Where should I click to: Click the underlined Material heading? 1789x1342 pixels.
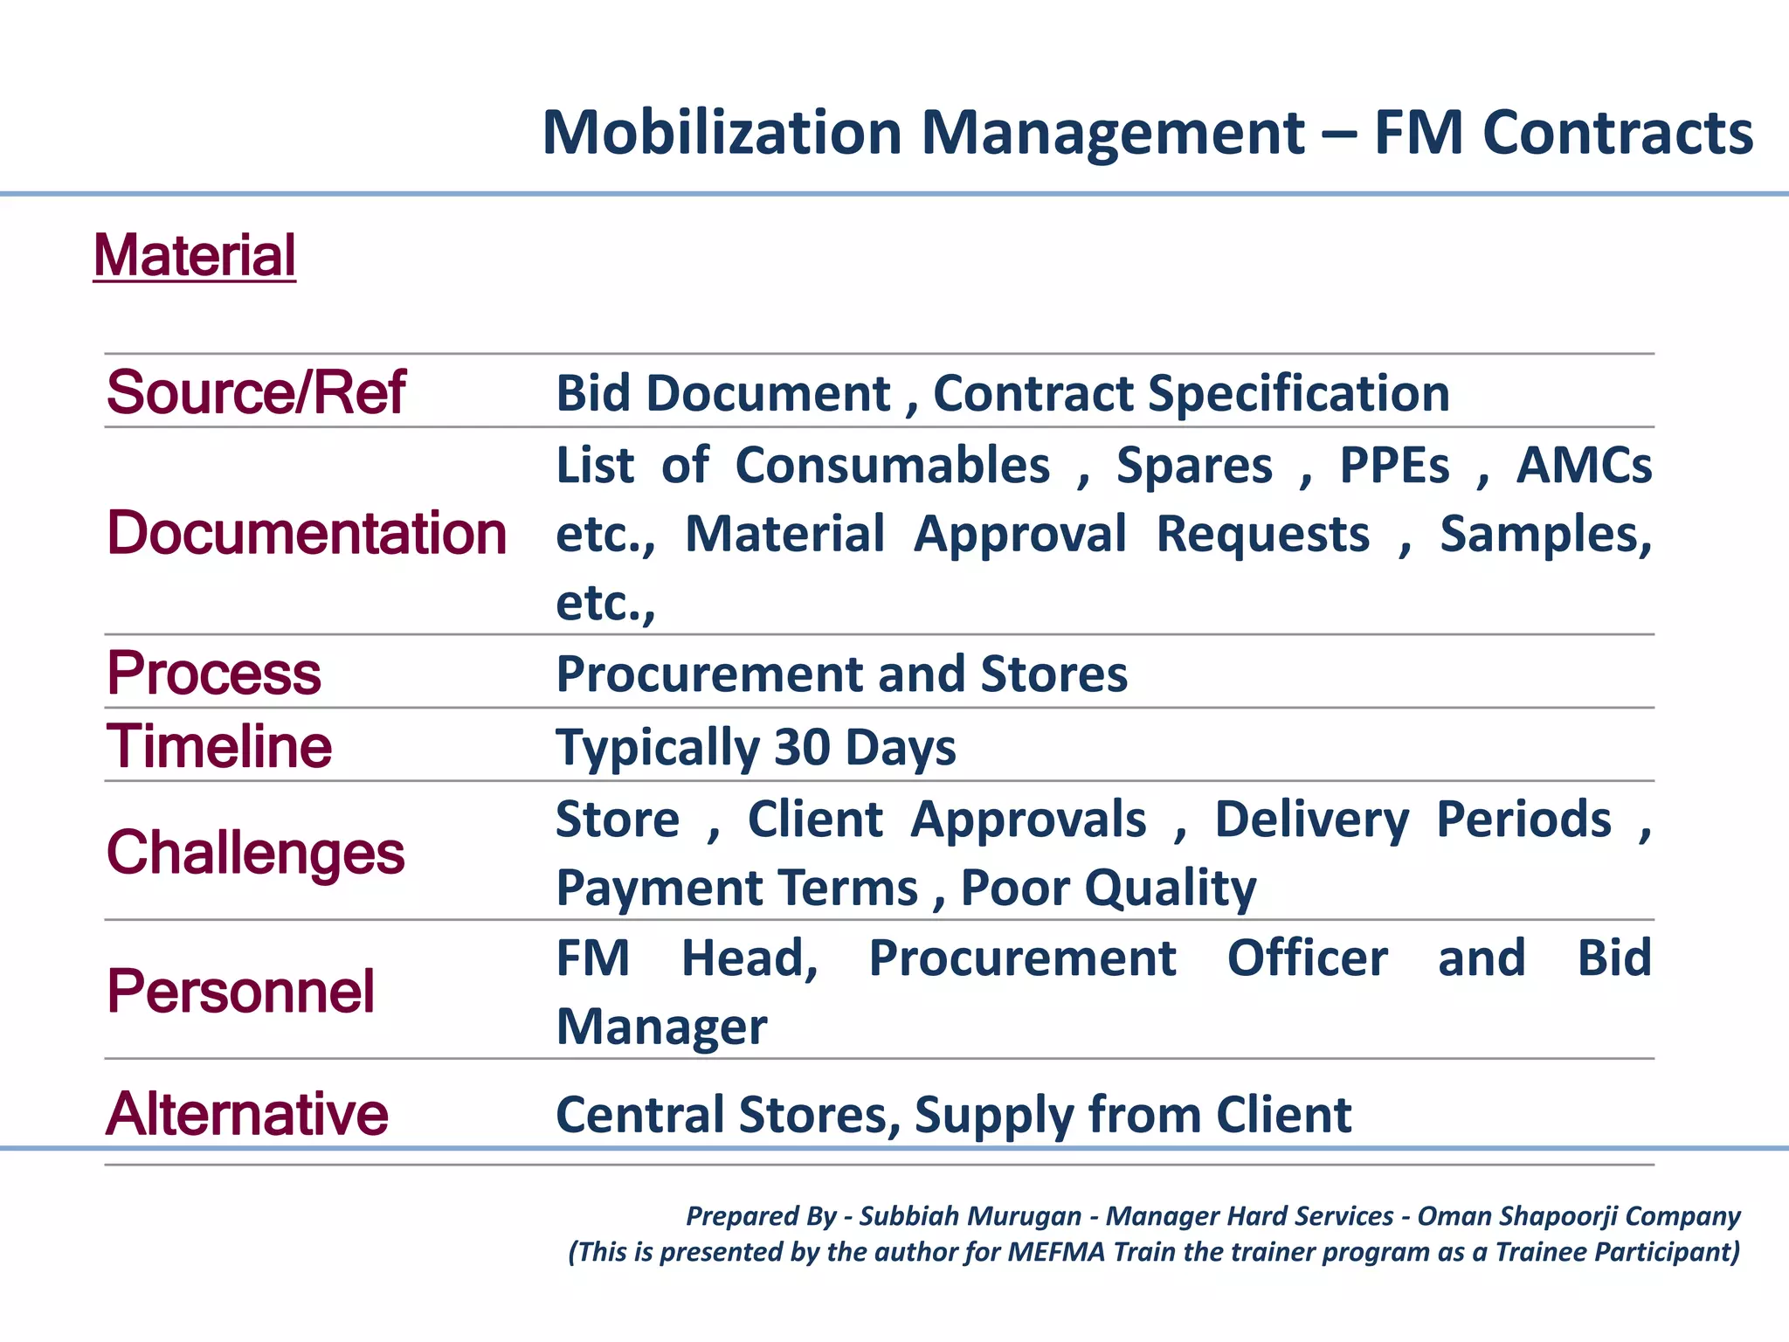click(194, 256)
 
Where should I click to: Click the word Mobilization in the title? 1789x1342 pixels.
click(722, 133)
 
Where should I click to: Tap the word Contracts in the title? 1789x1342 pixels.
click(1618, 133)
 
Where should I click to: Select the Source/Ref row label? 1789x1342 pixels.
click(255, 392)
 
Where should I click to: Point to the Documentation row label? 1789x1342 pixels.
click(306, 533)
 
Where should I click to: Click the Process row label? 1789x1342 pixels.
click(214, 674)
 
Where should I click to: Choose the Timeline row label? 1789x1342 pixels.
click(219, 747)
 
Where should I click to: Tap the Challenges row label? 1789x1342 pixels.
click(255, 853)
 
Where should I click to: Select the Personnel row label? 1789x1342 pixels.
click(240, 992)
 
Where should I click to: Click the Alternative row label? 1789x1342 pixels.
click(247, 1115)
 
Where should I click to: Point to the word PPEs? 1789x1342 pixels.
click(1395, 465)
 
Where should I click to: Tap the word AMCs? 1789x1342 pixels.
click(1584, 465)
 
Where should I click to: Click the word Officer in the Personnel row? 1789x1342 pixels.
click(1307, 958)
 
